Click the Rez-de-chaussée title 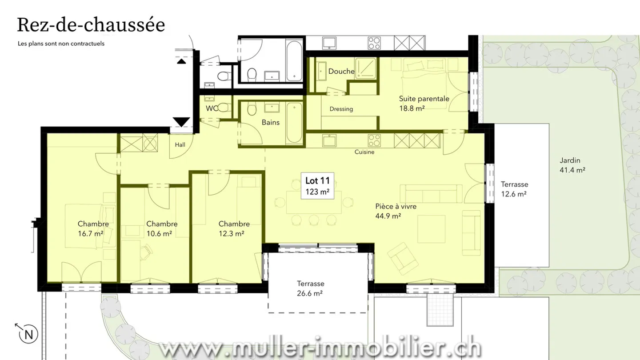[91, 25]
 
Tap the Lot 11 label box [317, 186]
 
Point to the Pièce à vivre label [396, 211]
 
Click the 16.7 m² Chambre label [93, 228]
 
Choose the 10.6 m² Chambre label [162, 228]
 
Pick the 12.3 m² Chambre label [234, 228]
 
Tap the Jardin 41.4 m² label [572, 165]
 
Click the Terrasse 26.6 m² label [311, 288]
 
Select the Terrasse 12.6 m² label [514, 189]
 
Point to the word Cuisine [364, 152]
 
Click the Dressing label [341, 109]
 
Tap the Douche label [341, 72]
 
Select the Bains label [270, 122]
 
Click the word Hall [180, 144]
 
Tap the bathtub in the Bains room [294, 123]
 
